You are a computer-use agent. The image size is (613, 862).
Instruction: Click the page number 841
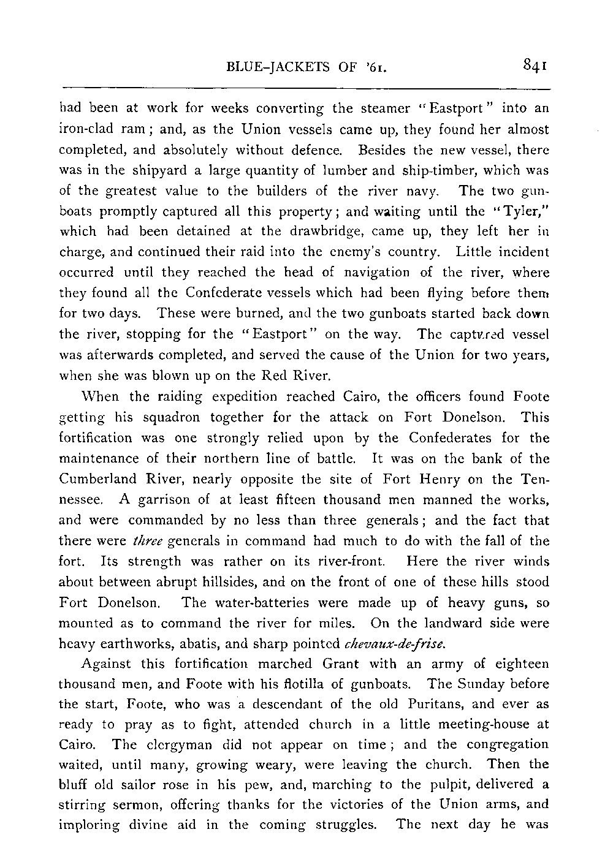(x=535, y=64)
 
